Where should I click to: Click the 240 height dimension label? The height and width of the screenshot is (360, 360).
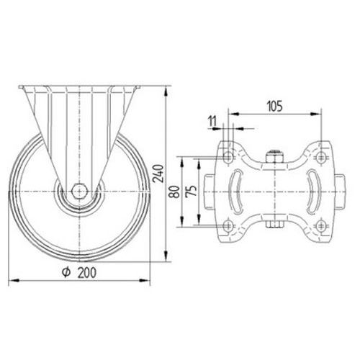coord(158,174)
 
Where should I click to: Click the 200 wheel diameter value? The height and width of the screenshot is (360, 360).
coord(87,273)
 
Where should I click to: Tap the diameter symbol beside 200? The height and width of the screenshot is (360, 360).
coord(66,272)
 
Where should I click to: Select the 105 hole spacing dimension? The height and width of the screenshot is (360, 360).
coord(275,107)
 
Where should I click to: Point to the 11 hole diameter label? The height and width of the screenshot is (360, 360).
coord(212,121)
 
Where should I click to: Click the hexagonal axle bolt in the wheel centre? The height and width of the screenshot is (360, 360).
coord(79,192)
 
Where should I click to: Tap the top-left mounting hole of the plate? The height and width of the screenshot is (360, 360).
coord(228,158)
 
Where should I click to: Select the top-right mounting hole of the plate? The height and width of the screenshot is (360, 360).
coord(320,158)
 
